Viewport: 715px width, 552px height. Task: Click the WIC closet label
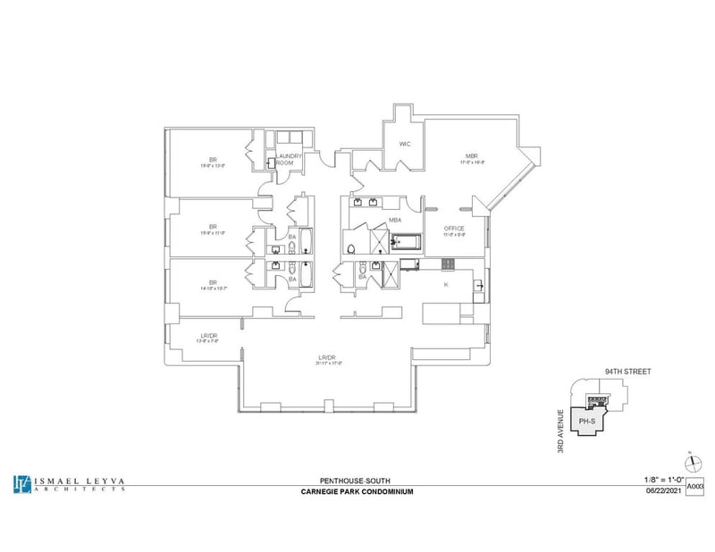404,143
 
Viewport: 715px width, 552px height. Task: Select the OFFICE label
455,229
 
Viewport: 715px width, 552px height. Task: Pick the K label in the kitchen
445,284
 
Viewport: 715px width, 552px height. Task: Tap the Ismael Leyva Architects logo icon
21,483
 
